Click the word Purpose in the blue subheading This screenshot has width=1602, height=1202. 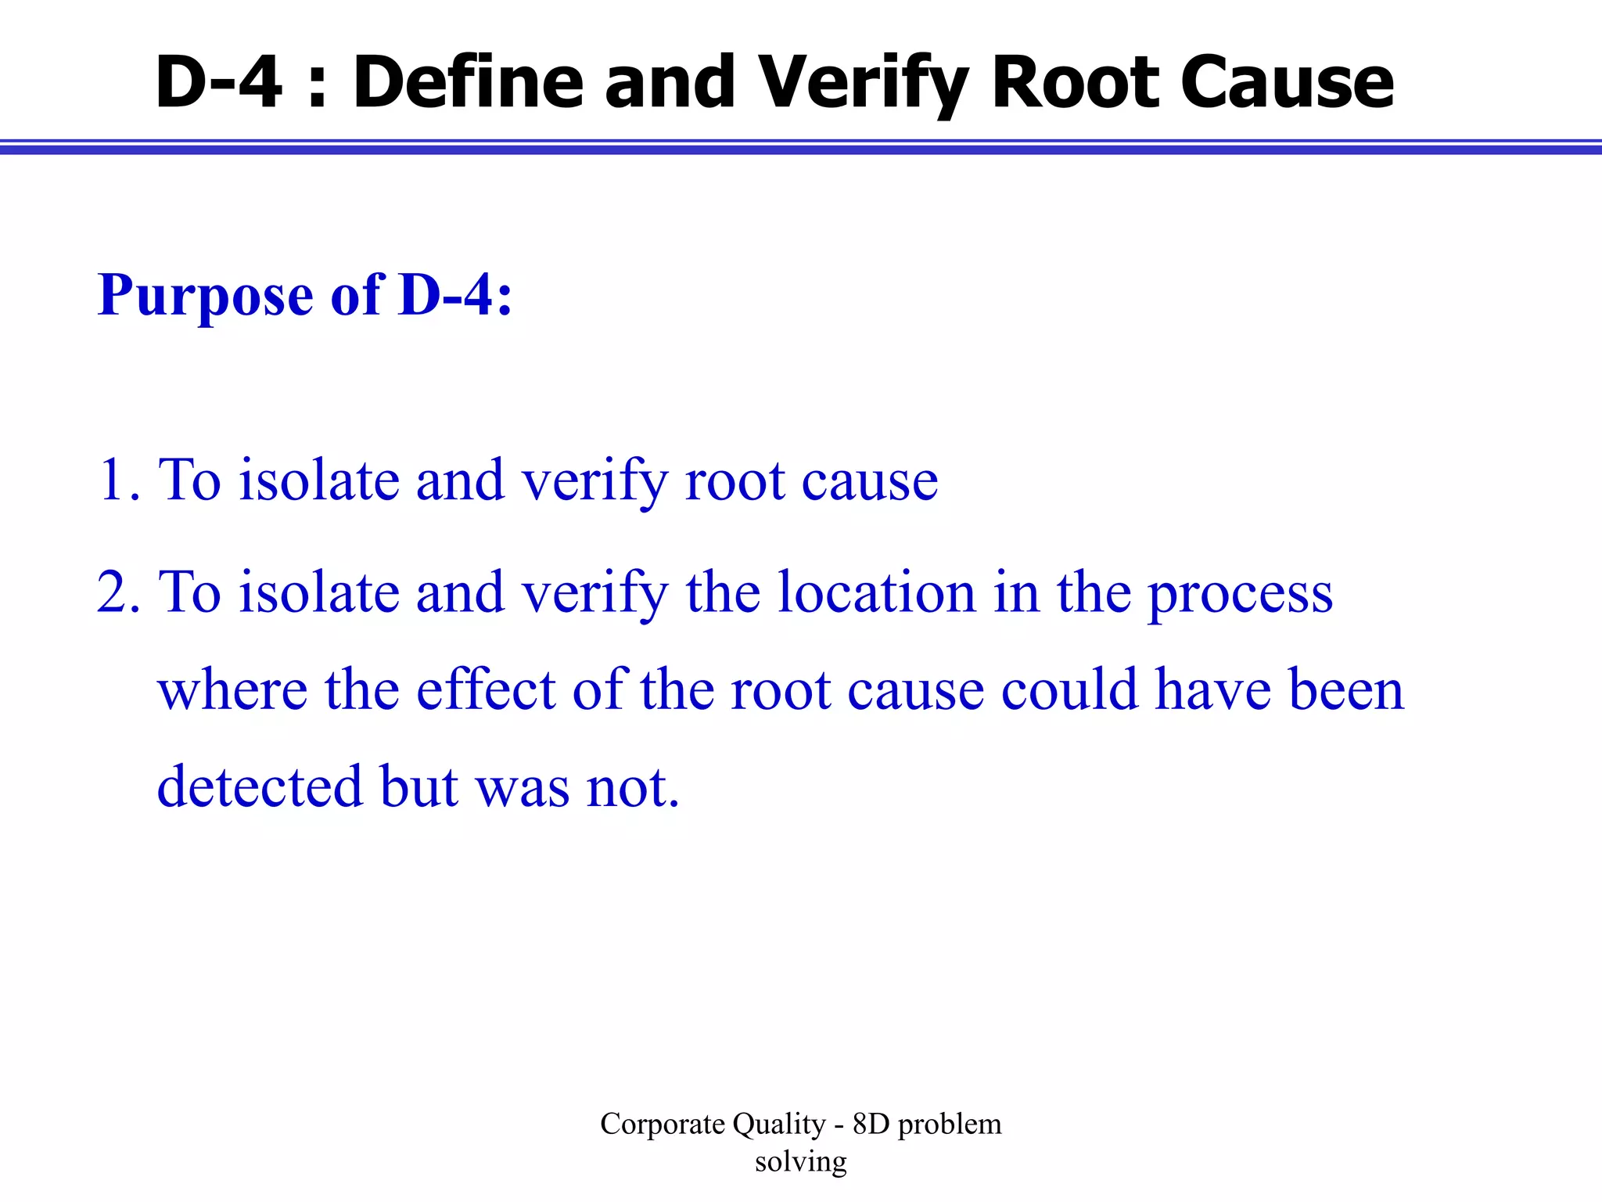pos(205,297)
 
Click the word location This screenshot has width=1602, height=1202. pos(876,592)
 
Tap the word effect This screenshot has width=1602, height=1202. pos(485,690)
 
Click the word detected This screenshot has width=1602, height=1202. pos(260,786)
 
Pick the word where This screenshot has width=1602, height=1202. pos(232,690)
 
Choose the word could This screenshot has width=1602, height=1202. pos(1069,690)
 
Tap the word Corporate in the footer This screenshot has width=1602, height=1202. pos(663,1125)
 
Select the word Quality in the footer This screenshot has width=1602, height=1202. pos(779,1125)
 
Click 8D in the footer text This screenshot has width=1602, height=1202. pos(871,1125)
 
